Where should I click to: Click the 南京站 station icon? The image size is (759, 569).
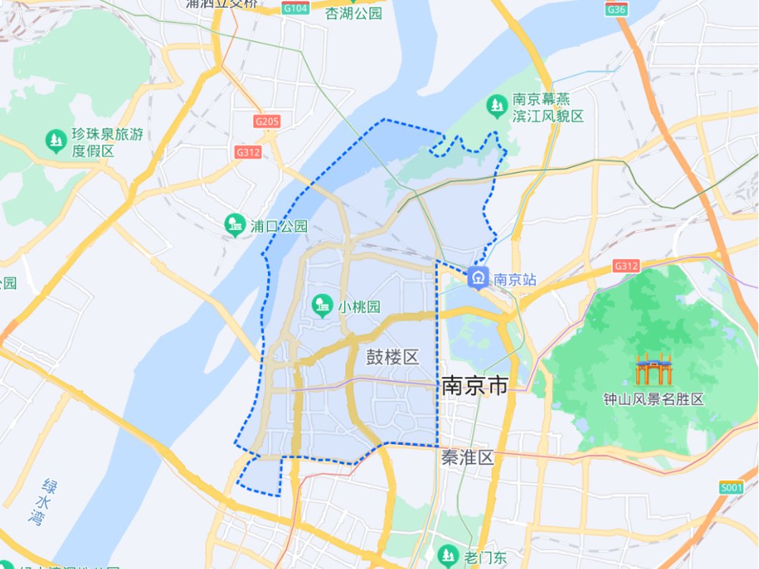click(477, 277)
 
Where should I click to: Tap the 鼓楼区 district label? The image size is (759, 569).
click(392, 357)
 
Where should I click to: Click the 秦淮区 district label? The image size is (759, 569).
click(467, 458)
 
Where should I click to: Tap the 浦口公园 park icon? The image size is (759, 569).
click(234, 225)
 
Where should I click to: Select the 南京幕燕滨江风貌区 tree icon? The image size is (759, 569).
click(496, 107)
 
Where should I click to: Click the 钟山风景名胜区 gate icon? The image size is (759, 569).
click(653, 368)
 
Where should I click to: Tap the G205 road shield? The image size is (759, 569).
click(267, 122)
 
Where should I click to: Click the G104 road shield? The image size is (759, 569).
click(295, 9)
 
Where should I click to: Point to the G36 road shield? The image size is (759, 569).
click(616, 9)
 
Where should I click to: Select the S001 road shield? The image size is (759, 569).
click(732, 488)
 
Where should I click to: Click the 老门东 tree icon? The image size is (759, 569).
click(448, 555)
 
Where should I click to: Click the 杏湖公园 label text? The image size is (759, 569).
click(354, 13)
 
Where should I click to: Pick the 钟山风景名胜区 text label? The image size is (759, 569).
click(653, 399)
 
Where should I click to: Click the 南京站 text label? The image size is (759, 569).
click(515, 279)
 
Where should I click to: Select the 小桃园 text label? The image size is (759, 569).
click(360, 307)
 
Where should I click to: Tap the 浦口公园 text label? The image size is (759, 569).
click(278, 226)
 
